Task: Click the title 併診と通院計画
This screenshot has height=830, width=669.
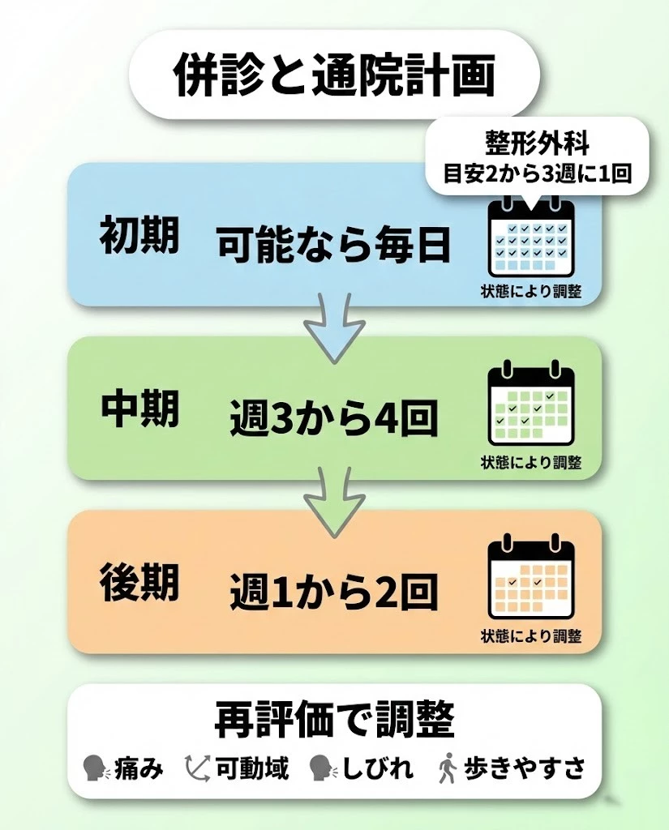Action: tap(334, 75)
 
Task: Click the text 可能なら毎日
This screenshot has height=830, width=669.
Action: tap(333, 244)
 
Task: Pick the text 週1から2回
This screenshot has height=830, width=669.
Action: tap(333, 593)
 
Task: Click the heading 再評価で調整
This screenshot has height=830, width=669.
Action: tap(334, 720)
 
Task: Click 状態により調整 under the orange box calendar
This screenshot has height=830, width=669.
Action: tap(531, 636)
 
